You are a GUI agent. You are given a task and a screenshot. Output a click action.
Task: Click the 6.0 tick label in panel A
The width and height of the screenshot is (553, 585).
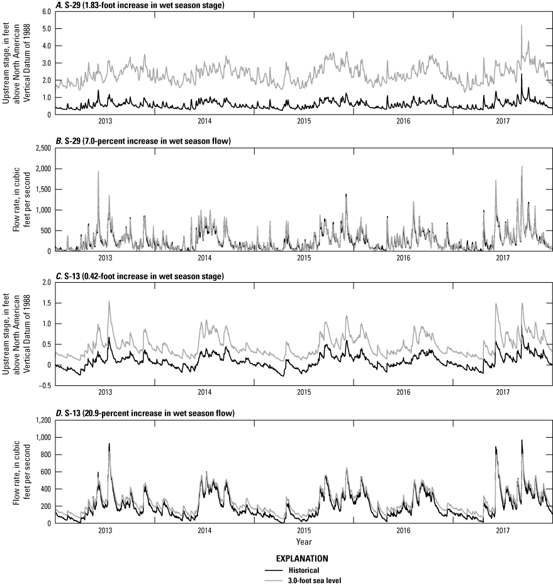pos(45,11)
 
